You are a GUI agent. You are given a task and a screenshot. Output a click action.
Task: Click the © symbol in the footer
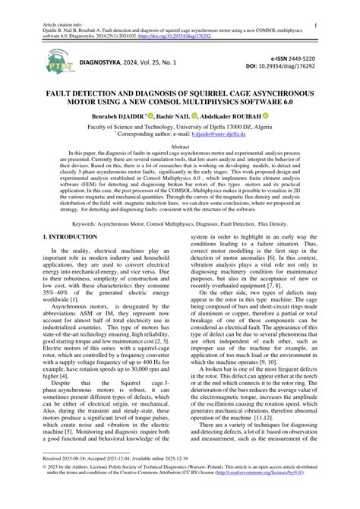[x=46, y=488]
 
